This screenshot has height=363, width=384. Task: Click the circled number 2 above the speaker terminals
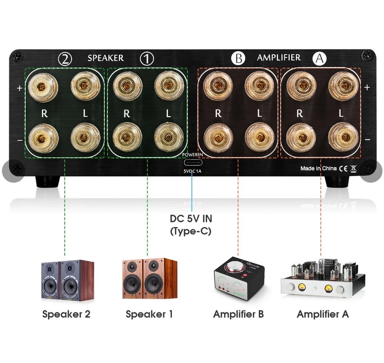coord(65,59)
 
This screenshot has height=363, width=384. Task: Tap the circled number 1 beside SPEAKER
coord(147,59)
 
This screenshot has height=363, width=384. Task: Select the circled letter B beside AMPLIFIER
coord(238,59)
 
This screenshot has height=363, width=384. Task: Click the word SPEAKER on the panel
coord(106,58)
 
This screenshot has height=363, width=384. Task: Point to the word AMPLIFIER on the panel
coord(278,58)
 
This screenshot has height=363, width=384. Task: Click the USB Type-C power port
coord(192,163)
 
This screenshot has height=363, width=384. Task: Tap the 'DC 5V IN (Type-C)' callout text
coord(191,225)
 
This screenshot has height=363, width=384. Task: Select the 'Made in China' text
coord(318,168)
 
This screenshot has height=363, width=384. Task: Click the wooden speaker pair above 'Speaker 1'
coord(150,279)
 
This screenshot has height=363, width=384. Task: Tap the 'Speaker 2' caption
coord(66,314)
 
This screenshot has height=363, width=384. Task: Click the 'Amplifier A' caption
coord(322,314)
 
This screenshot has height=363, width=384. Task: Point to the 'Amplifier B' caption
coord(238,314)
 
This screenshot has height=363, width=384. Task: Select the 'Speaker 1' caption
coord(149,314)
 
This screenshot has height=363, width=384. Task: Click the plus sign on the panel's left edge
coord(20,88)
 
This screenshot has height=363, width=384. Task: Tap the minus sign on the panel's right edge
coord(367,140)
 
